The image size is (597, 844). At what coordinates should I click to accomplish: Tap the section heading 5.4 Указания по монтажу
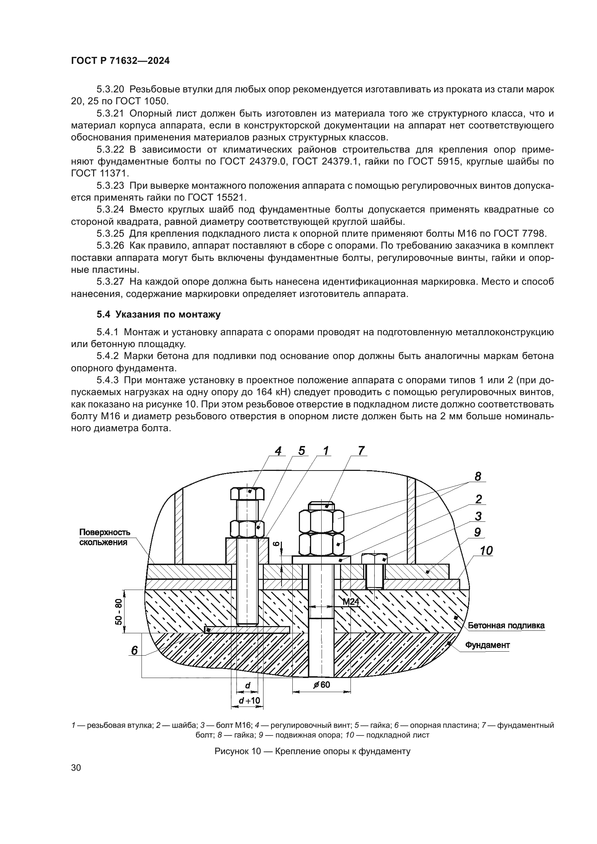[158, 314]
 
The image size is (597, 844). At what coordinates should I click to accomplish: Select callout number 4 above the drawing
[279, 451]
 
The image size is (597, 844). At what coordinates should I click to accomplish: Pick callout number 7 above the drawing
[361, 451]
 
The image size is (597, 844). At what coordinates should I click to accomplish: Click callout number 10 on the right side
[486, 551]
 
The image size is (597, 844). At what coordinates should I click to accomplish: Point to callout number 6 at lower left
[135, 651]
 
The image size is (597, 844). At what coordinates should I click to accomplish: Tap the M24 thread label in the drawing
[351, 602]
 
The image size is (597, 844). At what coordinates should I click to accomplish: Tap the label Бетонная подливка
[506, 626]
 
